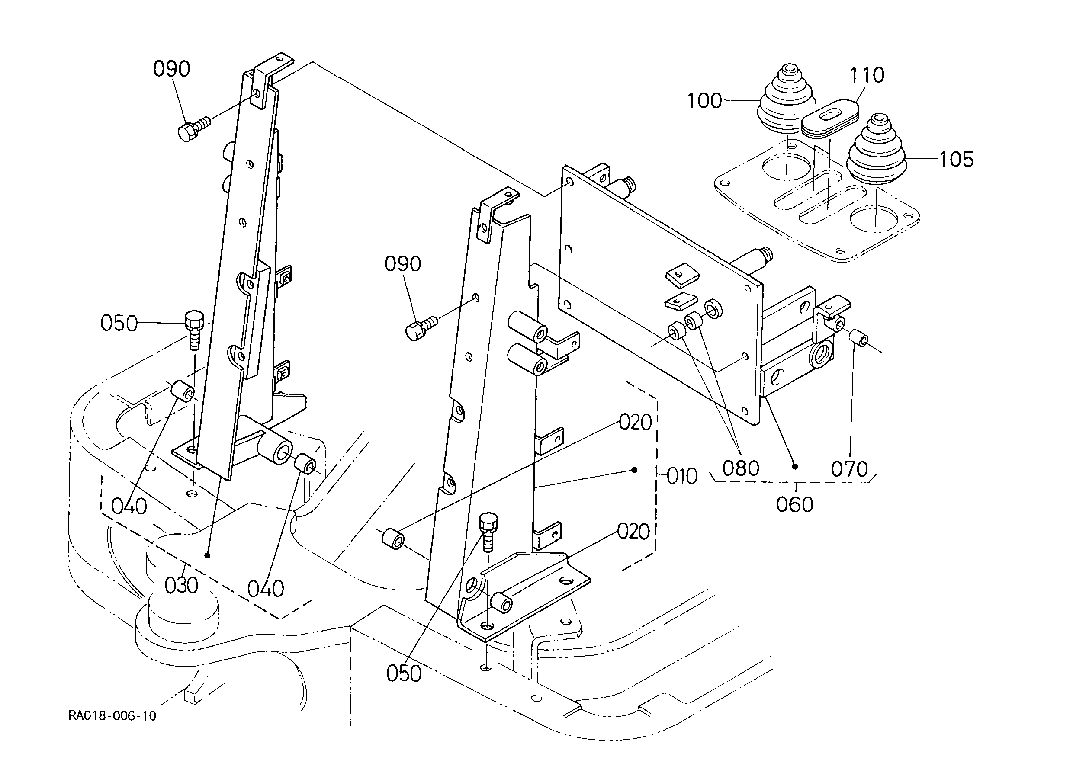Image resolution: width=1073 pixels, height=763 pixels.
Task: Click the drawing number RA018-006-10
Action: click(x=112, y=716)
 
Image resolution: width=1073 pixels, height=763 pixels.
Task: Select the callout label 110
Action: click(x=867, y=75)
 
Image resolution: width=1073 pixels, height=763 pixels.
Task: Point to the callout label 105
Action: click(x=957, y=160)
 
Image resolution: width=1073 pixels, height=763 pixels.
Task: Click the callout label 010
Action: click(x=682, y=476)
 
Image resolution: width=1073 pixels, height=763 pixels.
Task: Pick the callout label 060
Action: click(x=794, y=505)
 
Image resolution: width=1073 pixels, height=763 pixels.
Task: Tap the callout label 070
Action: click(x=849, y=469)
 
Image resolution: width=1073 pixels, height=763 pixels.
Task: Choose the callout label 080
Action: click(x=741, y=468)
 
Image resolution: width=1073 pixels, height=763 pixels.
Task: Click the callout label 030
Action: click(x=181, y=586)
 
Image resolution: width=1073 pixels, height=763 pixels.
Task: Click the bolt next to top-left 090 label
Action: click(x=194, y=127)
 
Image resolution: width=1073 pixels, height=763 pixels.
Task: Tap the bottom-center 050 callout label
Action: click(x=404, y=674)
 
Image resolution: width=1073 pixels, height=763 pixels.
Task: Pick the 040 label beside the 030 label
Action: click(x=266, y=589)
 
